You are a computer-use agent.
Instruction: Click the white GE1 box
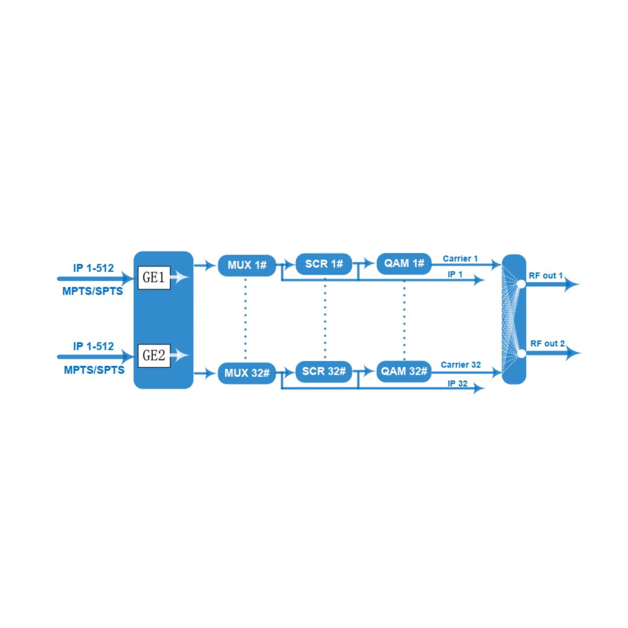pyautogui.click(x=154, y=278)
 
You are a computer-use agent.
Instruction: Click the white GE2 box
pyautogui.click(x=154, y=356)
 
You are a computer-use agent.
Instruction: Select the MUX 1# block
pyautogui.click(x=246, y=265)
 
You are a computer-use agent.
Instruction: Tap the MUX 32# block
pyautogui.click(x=246, y=373)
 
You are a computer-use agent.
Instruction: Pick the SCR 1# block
pyautogui.click(x=323, y=264)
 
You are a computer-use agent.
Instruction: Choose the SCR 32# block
pyautogui.click(x=323, y=372)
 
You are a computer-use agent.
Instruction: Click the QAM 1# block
pyautogui.click(x=404, y=264)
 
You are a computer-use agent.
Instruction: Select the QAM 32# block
pyautogui.click(x=404, y=371)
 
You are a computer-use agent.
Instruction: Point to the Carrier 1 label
pyautogui.click(x=460, y=259)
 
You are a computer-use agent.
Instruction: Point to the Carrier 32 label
pyautogui.click(x=461, y=365)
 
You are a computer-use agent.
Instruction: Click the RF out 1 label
pyautogui.click(x=545, y=276)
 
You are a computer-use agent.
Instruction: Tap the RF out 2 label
pyautogui.click(x=547, y=343)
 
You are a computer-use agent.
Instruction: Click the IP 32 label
pyautogui.click(x=457, y=384)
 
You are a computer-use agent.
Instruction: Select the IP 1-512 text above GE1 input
pyautogui.click(x=94, y=268)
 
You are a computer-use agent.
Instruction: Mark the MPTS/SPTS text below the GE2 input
pyautogui.click(x=94, y=370)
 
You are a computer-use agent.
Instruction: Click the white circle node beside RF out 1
pyautogui.click(x=521, y=284)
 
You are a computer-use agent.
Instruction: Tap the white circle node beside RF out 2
pyautogui.click(x=521, y=353)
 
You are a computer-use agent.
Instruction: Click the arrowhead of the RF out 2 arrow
pyautogui.click(x=574, y=353)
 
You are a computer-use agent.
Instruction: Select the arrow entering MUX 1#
pyautogui.click(x=205, y=266)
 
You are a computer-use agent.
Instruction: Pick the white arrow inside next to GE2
pyautogui.click(x=180, y=355)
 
